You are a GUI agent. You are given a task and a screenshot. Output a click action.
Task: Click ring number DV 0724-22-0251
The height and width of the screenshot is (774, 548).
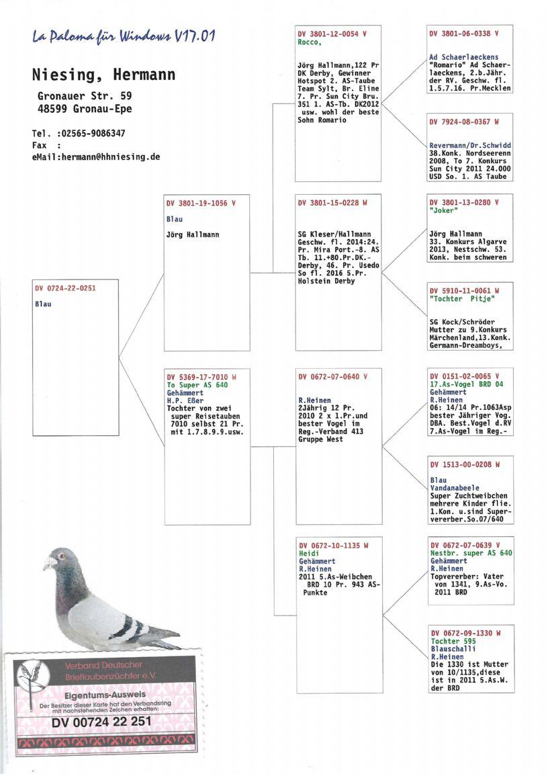tap(66, 288)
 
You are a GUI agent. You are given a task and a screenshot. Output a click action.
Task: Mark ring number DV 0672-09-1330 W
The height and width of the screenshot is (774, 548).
tap(465, 633)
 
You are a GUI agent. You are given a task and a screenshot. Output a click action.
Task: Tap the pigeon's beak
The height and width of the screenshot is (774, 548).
tap(48, 566)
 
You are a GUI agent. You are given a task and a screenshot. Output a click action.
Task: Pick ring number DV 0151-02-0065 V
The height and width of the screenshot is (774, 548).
tap(465, 376)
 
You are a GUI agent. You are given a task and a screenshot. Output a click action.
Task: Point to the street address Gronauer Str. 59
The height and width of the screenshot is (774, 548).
tap(84, 96)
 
